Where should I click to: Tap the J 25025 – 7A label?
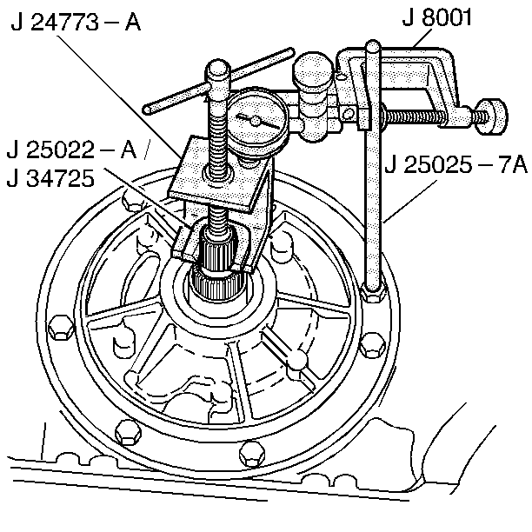point(457,163)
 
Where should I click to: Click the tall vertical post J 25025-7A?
point(372,174)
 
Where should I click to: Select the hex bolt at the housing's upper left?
point(133,204)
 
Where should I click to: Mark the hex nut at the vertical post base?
point(371,294)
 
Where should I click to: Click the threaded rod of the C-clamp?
point(426,114)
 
